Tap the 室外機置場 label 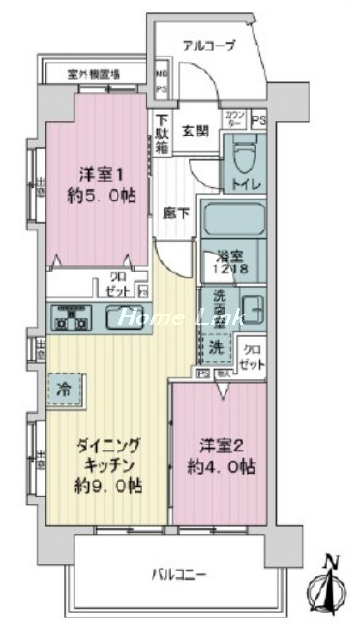(x=94, y=73)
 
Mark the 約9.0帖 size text (x=101, y=486)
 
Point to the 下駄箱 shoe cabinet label (x=161, y=135)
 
